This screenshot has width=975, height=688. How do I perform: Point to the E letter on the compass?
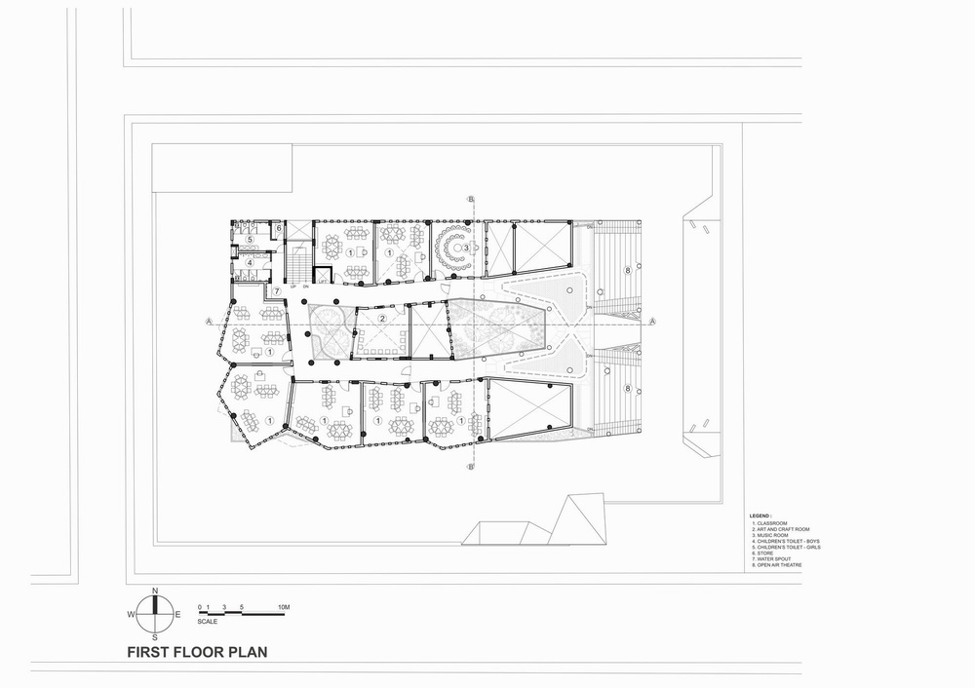177,615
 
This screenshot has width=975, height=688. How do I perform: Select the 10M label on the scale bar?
284,608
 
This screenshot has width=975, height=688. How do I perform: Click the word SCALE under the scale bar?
208,621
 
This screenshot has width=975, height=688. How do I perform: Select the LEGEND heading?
760,514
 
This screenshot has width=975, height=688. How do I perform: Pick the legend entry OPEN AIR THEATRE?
780,564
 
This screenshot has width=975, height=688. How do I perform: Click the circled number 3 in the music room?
466,248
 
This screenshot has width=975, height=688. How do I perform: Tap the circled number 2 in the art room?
383,319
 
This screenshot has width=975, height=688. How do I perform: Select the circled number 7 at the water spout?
276,291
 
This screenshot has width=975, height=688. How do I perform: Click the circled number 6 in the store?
278,229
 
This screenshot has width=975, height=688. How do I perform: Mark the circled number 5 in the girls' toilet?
250,239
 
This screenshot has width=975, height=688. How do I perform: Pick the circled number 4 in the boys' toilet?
250,262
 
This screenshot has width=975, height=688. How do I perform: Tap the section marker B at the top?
471,200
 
